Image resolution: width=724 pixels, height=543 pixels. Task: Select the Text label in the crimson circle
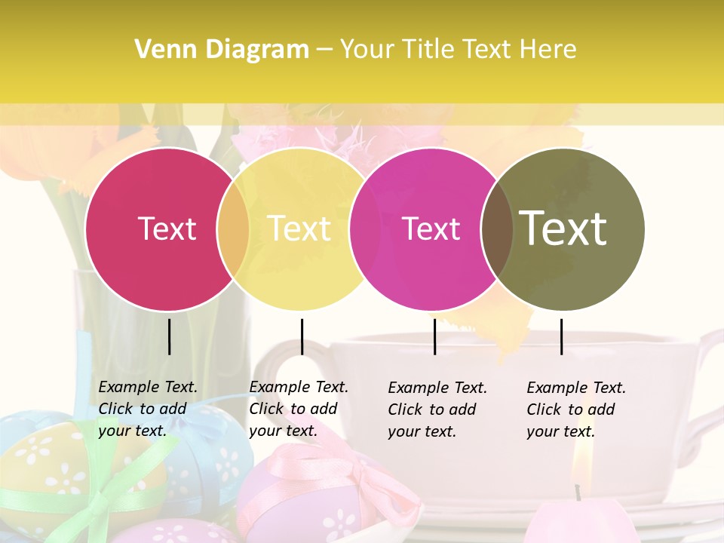coord(167,229)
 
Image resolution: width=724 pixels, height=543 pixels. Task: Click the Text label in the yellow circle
coord(299,229)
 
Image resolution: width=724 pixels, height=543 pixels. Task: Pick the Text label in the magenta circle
coord(431,229)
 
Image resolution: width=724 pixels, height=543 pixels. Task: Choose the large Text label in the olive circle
coord(563,229)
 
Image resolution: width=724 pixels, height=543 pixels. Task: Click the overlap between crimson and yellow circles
coord(233,229)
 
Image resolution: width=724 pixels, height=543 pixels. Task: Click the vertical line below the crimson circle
coord(169,336)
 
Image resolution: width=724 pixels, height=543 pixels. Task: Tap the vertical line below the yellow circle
coord(302,336)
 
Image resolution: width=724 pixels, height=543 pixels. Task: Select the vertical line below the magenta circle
coord(434,336)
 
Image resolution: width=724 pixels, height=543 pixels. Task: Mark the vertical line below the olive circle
coord(561,336)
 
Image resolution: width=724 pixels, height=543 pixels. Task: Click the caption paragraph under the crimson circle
coord(148,409)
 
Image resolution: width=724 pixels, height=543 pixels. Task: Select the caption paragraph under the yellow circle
coord(299,409)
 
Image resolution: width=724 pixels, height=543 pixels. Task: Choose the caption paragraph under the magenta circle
coord(437,410)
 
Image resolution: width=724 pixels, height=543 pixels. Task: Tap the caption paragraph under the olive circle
coord(576,410)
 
